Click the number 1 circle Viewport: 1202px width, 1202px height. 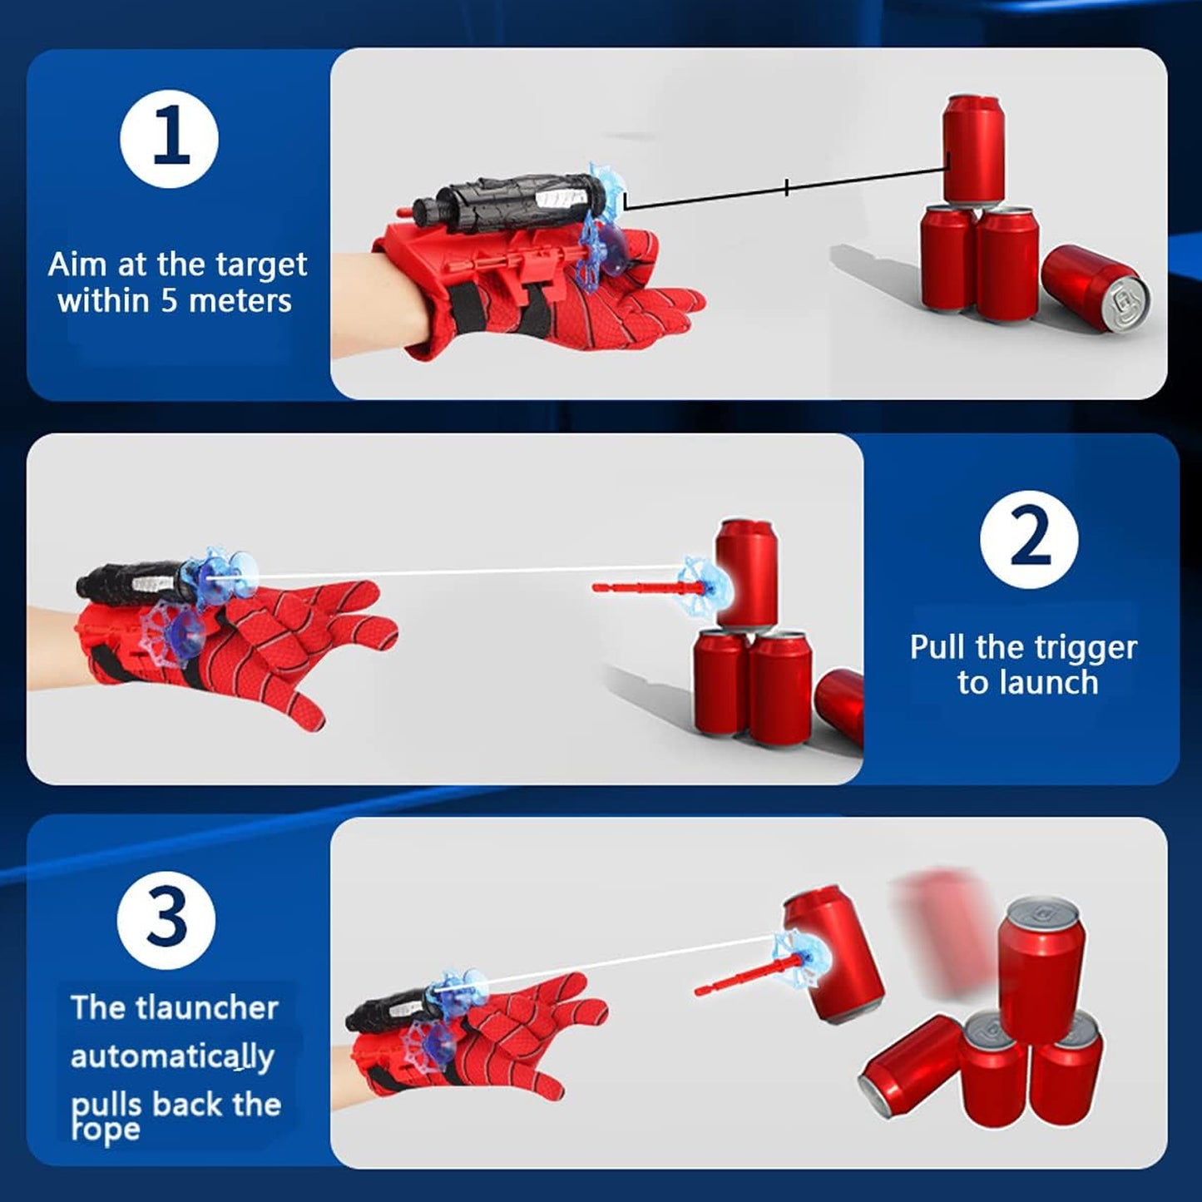(169, 138)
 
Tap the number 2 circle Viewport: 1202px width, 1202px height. (1029, 539)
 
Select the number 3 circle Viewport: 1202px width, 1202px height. (166, 920)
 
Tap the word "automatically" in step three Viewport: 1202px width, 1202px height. (172, 1056)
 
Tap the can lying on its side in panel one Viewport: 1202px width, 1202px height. (1095, 288)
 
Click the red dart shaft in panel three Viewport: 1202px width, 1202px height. (736, 977)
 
